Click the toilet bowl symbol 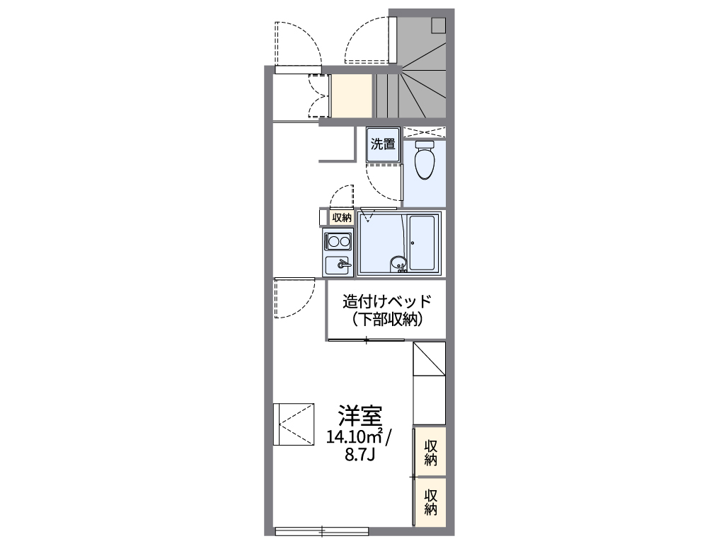coord(425,162)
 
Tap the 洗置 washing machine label coord(383,144)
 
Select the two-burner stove coord(338,242)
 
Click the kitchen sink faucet coord(343,265)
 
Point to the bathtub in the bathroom coord(422,243)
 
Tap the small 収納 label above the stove coord(342,218)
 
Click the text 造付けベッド coord(386,301)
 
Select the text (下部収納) coord(386,320)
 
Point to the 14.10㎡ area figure coord(354,436)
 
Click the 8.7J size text coord(359,453)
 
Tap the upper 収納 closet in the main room coord(430,452)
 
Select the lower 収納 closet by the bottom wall coord(430,501)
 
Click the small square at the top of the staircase coord(438,25)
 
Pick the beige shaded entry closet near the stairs coord(352,95)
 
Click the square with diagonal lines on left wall coord(293,424)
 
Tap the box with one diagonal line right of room coord(429,359)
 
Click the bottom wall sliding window coord(321,530)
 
